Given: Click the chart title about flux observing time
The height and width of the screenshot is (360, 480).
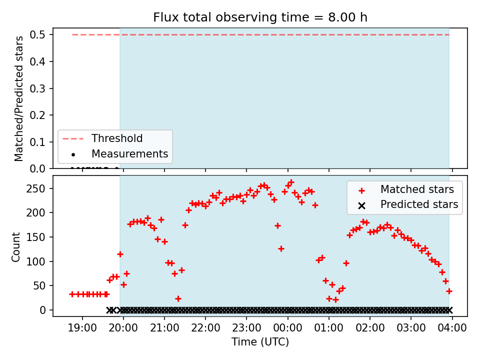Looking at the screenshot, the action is click(260, 17).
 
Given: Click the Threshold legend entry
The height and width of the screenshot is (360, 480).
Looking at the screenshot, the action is click(102, 138).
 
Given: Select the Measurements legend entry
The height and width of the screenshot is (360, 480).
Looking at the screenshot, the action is click(115, 153).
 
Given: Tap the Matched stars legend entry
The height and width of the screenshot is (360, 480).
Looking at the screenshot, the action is click(406, 189).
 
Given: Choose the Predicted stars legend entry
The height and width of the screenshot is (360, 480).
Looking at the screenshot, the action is click(408, 204).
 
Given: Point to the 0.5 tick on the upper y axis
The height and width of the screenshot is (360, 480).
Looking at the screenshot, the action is click(37, 34).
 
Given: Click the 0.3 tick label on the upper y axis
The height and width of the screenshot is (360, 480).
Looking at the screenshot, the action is click(37, 88).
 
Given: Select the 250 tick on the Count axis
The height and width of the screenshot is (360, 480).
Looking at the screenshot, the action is click(36, 188).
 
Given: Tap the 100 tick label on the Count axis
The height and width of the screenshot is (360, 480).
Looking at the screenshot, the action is click(36, 261).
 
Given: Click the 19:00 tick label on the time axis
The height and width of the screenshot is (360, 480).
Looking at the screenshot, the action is click(82, 328).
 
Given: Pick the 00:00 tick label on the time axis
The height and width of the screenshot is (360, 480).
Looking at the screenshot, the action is click(288, 328).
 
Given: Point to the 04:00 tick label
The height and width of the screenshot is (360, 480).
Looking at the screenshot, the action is click(452, 328).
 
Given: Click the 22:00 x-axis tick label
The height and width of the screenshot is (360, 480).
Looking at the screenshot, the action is click(205, 328).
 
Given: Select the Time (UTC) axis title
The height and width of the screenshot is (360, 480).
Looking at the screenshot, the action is click(260, 341).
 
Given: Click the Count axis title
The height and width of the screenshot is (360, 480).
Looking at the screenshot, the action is click(15, 246).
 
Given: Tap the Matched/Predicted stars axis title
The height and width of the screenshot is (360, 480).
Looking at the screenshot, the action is click(18, 98).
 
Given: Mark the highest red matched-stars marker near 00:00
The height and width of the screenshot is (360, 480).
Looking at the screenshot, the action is click(291, 182).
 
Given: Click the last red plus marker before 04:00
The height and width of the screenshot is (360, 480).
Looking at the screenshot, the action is click(449, 291).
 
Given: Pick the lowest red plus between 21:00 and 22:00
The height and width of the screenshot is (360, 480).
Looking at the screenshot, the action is click(178, 298).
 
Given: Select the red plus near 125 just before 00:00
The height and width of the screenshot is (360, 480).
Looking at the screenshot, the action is click(281, 248).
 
